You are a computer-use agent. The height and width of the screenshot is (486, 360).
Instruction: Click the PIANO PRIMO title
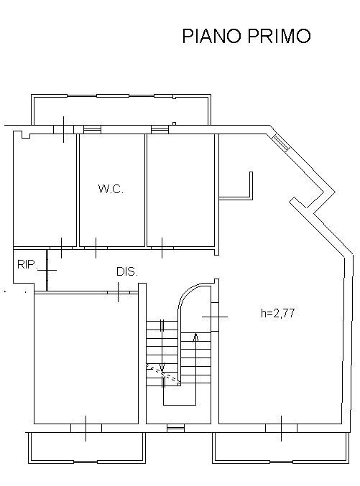pyautogui.click(x=246, y=36)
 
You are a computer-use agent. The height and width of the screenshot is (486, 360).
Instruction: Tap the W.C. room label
pyautogui.click(x=111, y=189)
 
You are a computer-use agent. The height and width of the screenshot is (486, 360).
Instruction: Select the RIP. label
pyautogui.click(x=27, y=264)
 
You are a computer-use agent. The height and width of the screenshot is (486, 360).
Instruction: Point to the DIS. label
pyautogui.click(x=127, y=271)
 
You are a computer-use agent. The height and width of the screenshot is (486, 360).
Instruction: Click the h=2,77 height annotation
pyautogui.click(x=277, y=313)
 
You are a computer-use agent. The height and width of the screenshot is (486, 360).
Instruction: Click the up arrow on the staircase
pyautogui.click(x=195, y=337)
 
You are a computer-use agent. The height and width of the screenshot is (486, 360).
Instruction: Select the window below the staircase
pyautogui.click(x=175, y=429)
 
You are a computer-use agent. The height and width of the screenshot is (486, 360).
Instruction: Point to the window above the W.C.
pyautogui.click(x=93, y=130)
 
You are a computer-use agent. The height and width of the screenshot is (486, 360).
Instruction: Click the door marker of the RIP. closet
pyautogui.click(x=47, y=270)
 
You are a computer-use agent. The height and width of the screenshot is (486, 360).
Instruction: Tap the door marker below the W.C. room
pyautogui.click(x=96, y=248)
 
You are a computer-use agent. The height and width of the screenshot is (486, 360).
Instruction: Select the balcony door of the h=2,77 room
pyautogui.click(x=282, y=428)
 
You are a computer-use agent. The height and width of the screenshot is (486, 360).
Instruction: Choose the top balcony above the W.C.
pyautogui.click(x=121, y=110)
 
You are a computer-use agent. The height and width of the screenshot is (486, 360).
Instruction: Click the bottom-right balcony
pyautogui.click(x=282, y=447)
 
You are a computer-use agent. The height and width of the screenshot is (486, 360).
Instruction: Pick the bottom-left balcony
pyautogui.click(x=87, y=447)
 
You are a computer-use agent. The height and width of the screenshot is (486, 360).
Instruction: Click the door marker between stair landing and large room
pyautogui.click(x=215, y=317)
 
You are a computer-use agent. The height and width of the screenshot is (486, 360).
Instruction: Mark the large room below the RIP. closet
pyautogui.click(x=86, y=359)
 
